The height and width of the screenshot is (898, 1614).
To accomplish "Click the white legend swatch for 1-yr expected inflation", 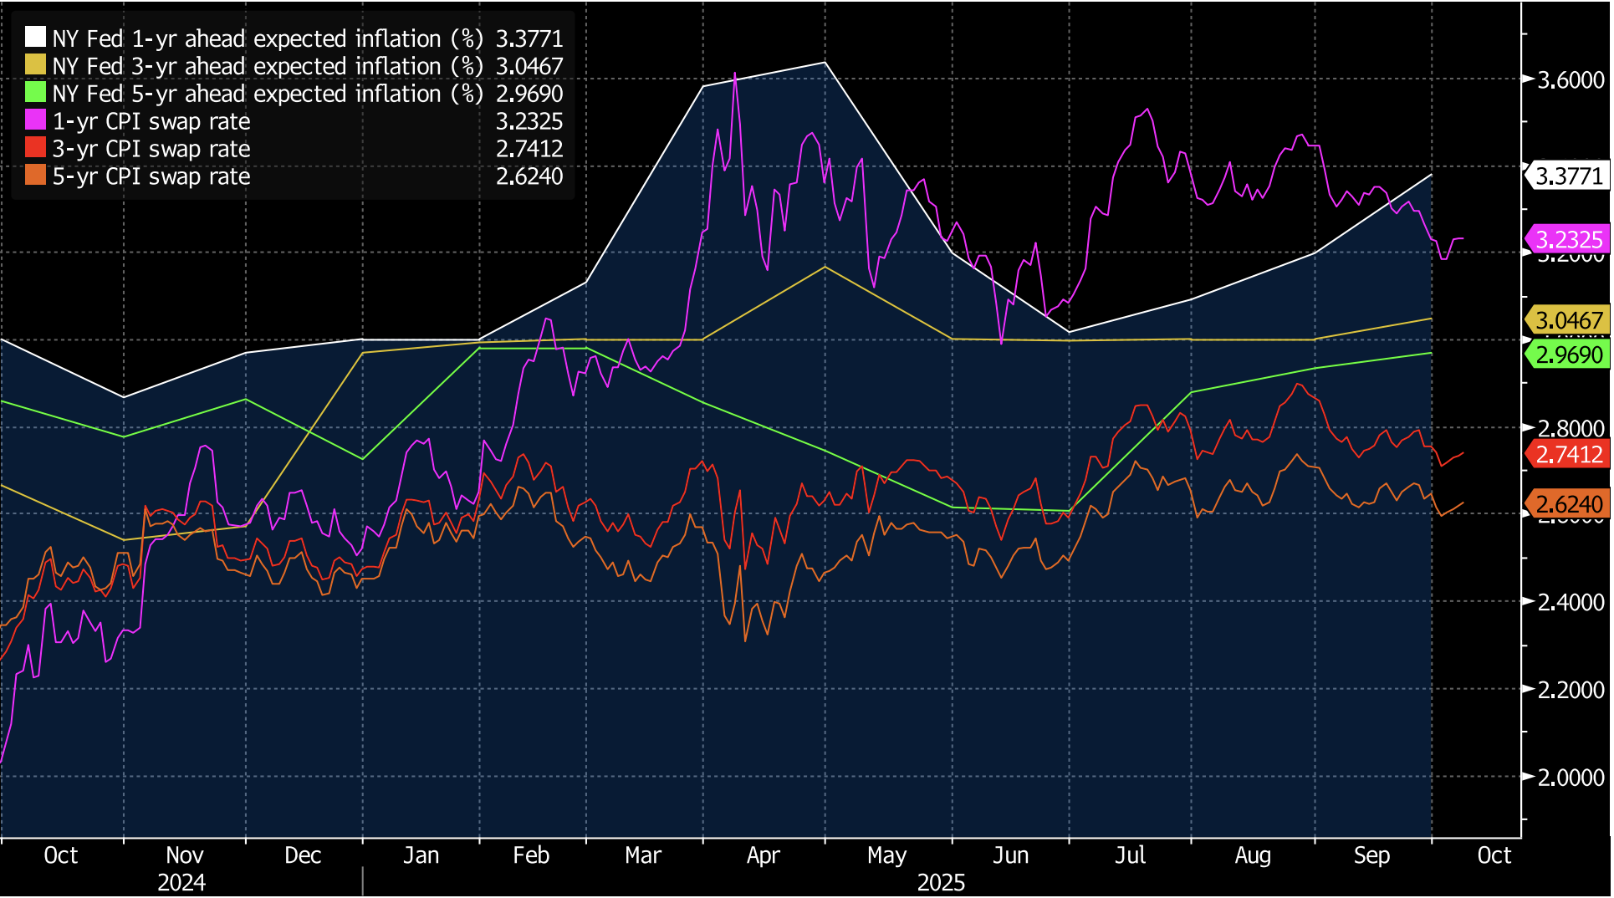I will pyautogui.click(x=35, y=38).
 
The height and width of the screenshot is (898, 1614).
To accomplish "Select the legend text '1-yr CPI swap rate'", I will pyautogui.click(x=151, y=121).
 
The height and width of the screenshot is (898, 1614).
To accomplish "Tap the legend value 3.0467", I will pyautogui.click(x=529, y=66).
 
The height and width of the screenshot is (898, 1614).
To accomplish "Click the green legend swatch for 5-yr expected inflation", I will pyautogui.click(x=35, y=93).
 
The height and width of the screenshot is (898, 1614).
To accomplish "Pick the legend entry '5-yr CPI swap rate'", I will pyautogui.click(x=151, y=176).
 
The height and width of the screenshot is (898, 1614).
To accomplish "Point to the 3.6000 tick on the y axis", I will pyautogui.click(x=1571, y=80).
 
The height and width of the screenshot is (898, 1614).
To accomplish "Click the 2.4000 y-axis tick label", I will pyautogui.click(x=1571, y=602).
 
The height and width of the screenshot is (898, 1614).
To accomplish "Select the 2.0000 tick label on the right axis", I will pyautogui.click(x=1571, y=778).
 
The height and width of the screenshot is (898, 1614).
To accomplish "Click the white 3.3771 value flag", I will pyautogui.click(x=1569, y=176).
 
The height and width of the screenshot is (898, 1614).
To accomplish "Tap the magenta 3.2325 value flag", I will pyautogui.click(x=1569, y=240).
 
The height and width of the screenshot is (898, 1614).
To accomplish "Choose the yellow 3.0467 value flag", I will pyautogui.click(x=1569, y=320).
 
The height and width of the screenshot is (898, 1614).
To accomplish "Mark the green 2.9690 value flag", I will pyautogui.click(x=1569, y=355).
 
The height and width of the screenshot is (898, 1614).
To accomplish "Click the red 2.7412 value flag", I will pyautogui.click(x=1569, y=455).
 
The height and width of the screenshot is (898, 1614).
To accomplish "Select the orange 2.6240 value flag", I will pyautogui.click(x=1569, y=504).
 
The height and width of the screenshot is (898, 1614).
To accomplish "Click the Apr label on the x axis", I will pyautogui.click(x=763, y=855).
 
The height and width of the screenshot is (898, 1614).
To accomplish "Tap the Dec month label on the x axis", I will pyautogui.click(x=303, y=855).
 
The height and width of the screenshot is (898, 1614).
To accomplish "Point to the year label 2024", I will pyautogui.click(x=181, y=883).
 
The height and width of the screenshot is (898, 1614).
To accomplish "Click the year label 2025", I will pyautogui.click(x=941, y=883).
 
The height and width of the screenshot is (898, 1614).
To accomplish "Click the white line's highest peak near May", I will pyautogui.click(x=825, y=63).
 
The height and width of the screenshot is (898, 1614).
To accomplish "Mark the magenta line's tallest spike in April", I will pyautogui.click(x=735, y=74).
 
